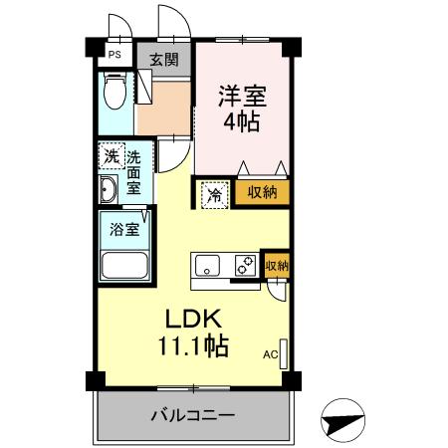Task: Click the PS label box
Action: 114,57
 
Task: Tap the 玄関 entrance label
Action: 164,58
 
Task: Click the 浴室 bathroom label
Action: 123,228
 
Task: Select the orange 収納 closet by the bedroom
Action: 263,192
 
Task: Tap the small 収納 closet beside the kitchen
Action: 276,265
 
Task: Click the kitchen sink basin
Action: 208,265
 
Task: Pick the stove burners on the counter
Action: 243,265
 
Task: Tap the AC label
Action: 269,353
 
